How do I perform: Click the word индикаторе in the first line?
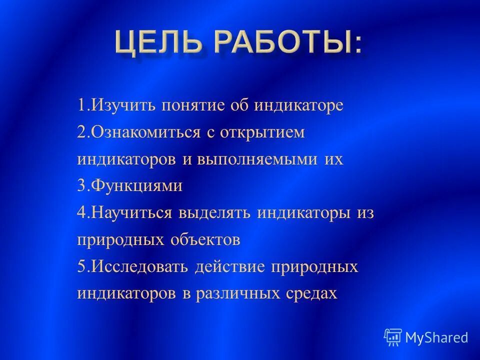click(299, 106)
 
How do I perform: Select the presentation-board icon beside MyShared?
click(393, 337)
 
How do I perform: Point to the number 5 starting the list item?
click(81, 266)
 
